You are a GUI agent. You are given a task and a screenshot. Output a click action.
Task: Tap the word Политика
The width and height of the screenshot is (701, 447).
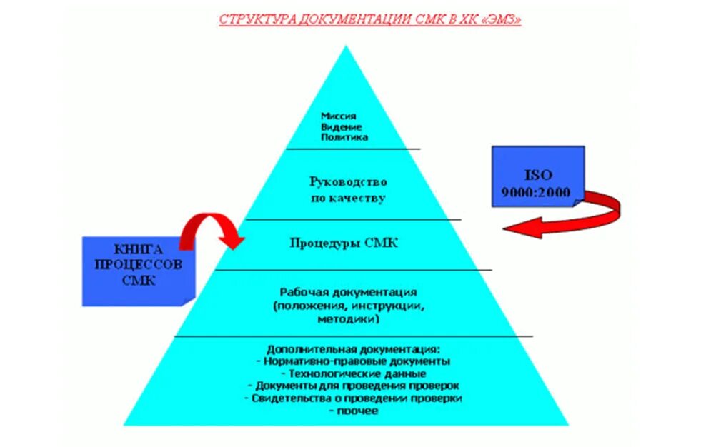[344, 136]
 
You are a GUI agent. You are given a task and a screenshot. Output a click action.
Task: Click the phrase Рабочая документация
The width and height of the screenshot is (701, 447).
[348, 293]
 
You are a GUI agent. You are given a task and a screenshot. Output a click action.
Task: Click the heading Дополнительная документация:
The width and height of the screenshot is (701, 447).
[353, 350]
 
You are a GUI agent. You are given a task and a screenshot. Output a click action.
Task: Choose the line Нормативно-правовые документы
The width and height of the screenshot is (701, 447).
[353, 362]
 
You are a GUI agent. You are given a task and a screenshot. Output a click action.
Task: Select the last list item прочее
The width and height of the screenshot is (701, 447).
[353, 411]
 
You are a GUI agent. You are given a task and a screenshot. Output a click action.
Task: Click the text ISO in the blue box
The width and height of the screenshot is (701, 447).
[538, 174]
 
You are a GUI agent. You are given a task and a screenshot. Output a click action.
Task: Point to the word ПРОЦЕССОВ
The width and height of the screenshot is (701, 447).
[138, 265]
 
